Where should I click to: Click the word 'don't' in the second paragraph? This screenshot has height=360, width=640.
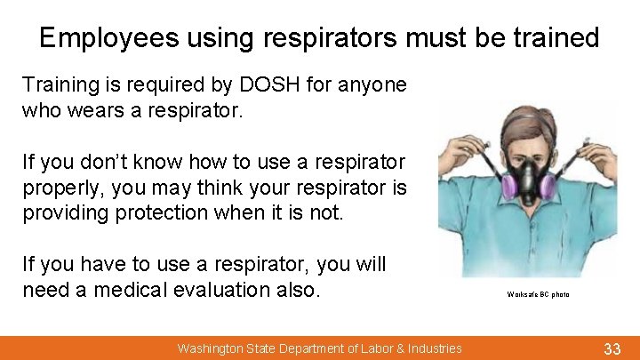[x=108, y=163]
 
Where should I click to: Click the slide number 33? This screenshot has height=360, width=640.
[x=612, y=348]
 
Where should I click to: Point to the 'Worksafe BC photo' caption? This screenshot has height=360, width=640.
[x=538, y=294]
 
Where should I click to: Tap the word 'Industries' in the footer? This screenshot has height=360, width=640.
[x=433, y=348]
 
